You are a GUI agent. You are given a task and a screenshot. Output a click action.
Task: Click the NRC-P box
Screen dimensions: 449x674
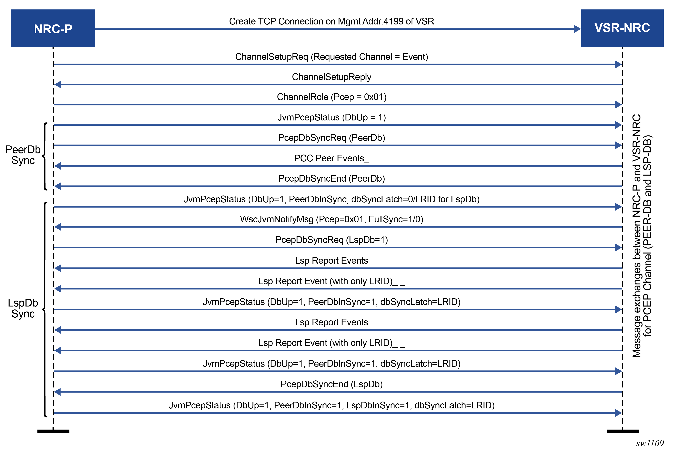coord(53,28)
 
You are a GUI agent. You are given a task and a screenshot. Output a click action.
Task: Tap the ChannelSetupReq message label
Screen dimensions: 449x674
coord(331,57)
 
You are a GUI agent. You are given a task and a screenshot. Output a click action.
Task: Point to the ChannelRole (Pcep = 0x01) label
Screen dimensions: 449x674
coord(331,97)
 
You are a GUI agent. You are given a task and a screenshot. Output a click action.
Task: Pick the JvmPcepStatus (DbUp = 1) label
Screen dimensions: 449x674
coord(331,117)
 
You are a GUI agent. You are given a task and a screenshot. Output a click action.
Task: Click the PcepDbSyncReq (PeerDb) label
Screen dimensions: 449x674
coord(331,138)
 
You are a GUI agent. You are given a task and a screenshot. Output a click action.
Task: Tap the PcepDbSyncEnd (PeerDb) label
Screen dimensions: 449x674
coord(331,179)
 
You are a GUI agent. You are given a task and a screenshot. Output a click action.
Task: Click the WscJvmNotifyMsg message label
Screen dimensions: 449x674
coord(331,219)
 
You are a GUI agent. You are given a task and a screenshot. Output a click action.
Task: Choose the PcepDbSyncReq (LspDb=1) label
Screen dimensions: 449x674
coord(331,240)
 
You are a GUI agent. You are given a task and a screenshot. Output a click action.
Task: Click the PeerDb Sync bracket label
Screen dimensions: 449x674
coord(23,155)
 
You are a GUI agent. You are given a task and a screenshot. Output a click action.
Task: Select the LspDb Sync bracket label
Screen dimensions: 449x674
coord(23,308)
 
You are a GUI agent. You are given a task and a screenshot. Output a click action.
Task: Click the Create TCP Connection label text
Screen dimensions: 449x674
coord(331,21)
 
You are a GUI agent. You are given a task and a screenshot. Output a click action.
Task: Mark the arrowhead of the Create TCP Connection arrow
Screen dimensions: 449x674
coord(577,29)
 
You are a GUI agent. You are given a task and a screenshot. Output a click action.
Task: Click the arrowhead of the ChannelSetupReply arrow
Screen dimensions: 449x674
coord(58,85)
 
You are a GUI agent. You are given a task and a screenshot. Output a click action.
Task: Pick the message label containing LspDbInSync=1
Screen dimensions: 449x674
coord(331,405)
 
